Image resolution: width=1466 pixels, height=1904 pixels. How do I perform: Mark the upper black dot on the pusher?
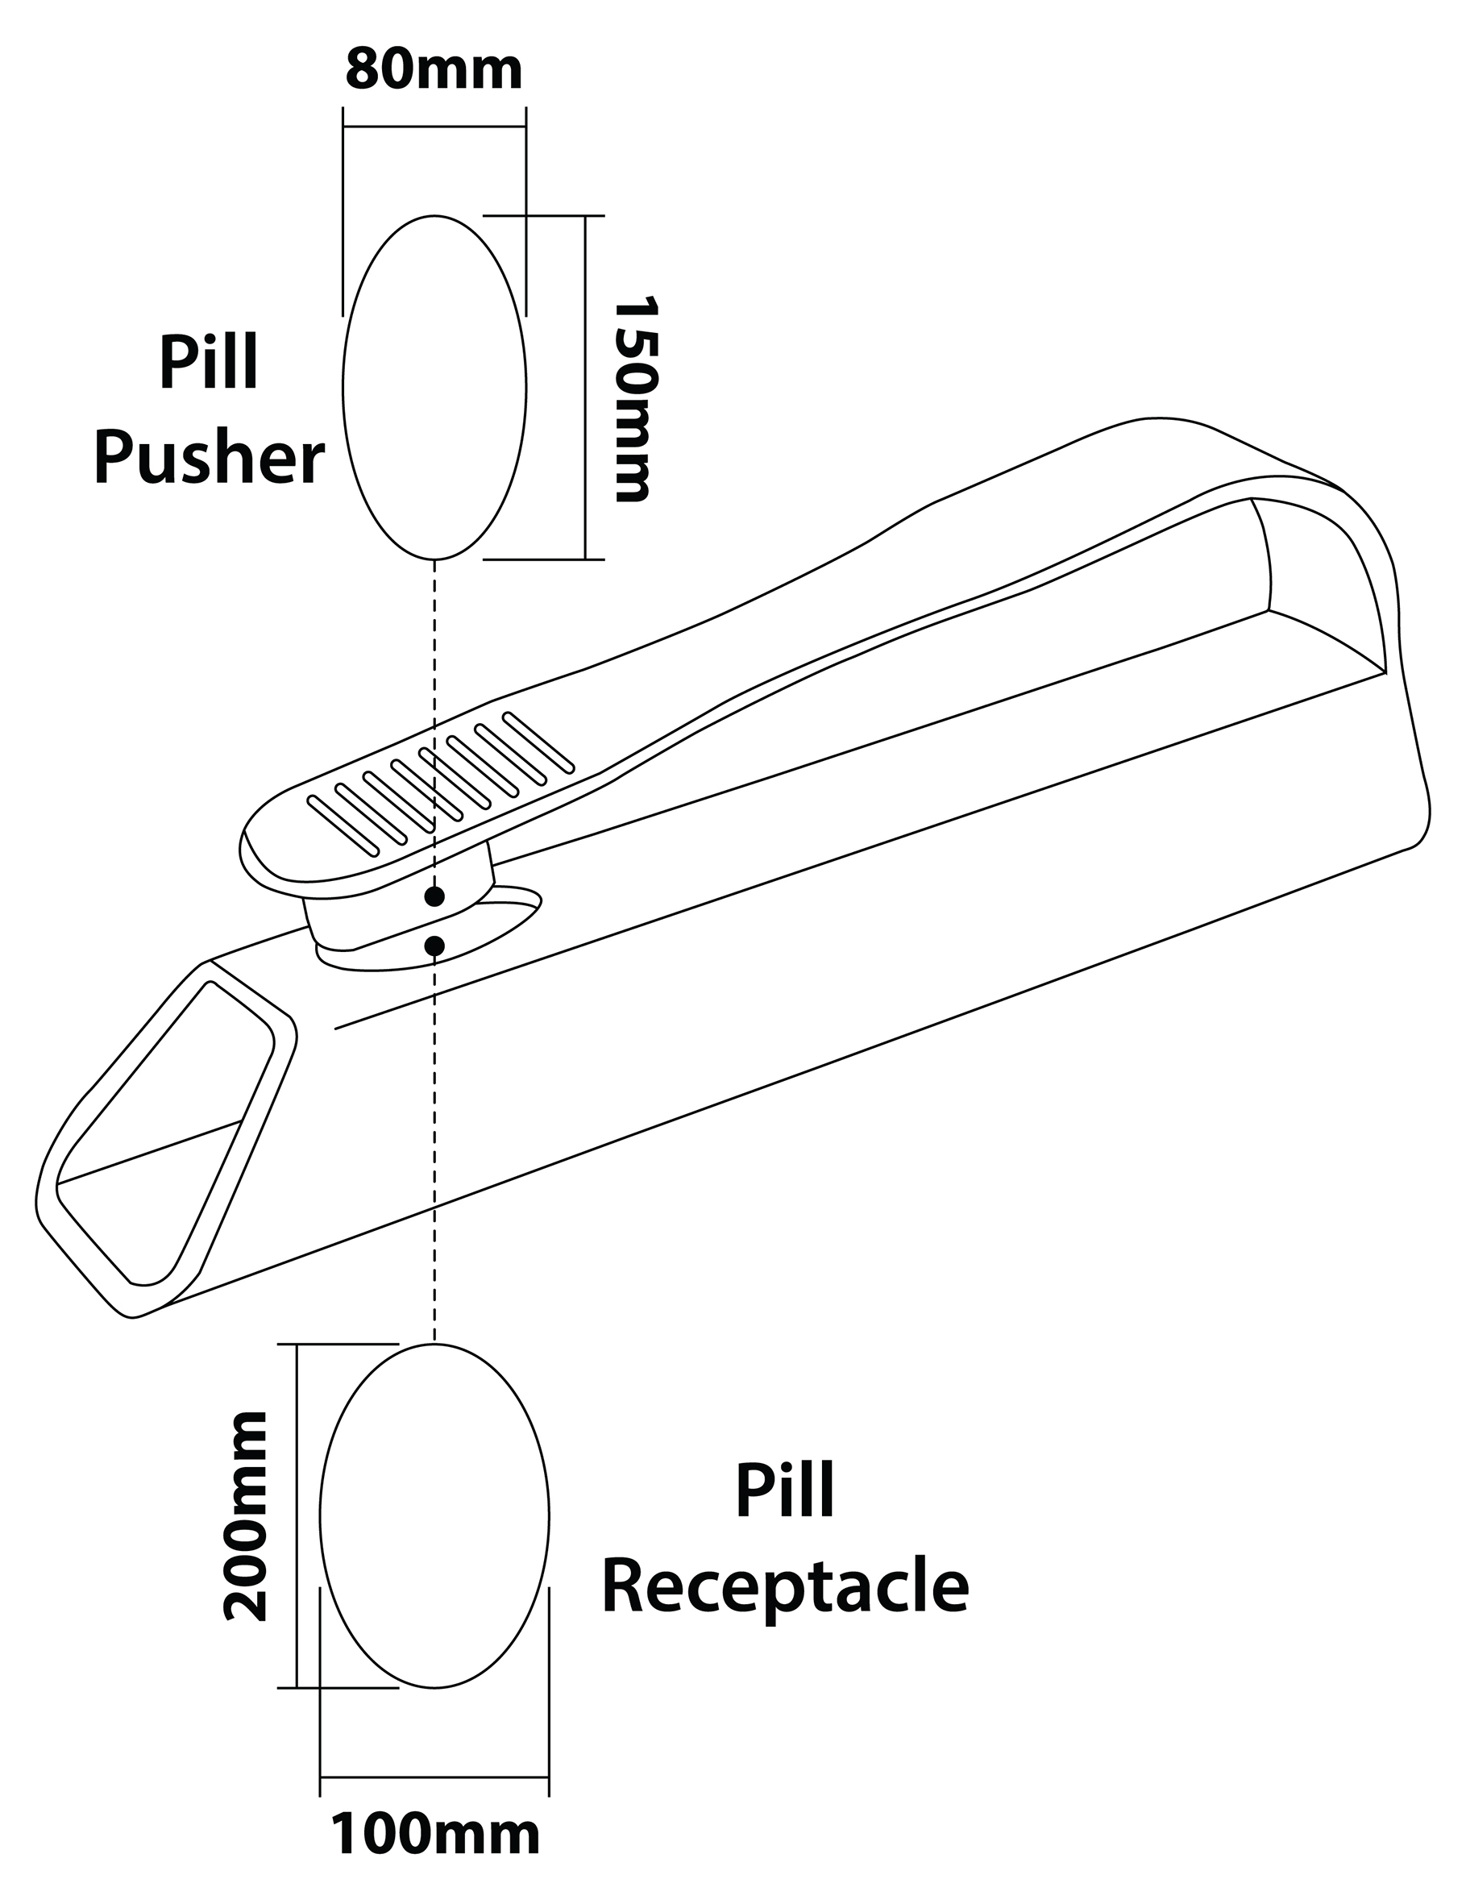point(435,896)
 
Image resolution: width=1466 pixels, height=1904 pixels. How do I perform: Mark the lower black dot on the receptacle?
point(435,945)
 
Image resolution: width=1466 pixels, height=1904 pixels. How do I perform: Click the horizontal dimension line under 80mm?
point(434,127)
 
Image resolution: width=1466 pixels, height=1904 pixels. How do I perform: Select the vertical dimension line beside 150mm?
point(585,388)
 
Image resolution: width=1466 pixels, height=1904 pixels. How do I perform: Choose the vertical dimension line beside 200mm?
point(297,1516)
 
